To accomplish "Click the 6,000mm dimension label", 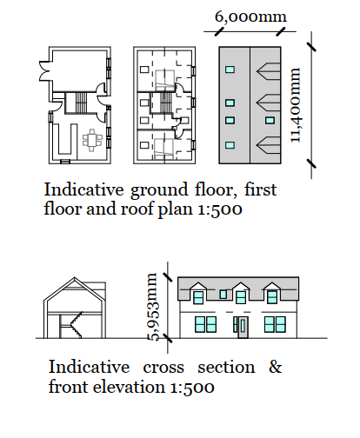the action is pos(250,17).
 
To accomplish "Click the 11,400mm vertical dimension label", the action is pos(296,105).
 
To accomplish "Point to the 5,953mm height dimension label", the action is pos(153,307).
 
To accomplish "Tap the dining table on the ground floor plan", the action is pos(92,140).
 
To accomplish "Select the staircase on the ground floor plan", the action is pos(81,103).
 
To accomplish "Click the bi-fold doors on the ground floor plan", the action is pos(44,71).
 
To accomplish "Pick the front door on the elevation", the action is pos(243,327).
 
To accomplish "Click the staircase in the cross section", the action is pos(76,325).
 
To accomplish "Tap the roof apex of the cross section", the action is pos(75,277).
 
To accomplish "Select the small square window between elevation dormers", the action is pos(223,294).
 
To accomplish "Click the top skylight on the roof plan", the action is pos(230,70).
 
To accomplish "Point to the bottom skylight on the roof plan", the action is pos(230,145).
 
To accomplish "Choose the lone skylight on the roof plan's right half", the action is pos(270,120).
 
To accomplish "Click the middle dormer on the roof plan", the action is pos(269,103).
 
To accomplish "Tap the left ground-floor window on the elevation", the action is pos(205,324).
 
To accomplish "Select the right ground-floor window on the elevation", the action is pos(275,324).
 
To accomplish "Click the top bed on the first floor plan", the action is pos(165,80).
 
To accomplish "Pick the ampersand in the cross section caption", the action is pos(275,367).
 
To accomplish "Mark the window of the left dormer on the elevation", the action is pos(198,297).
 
